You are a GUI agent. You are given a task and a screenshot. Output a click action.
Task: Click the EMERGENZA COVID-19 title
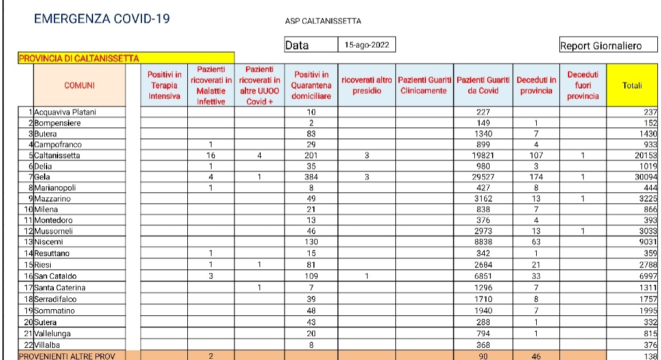[102, 19]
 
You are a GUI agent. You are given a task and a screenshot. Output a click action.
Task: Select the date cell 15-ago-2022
[367, 45]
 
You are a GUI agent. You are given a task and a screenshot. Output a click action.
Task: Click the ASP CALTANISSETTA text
[323, 21]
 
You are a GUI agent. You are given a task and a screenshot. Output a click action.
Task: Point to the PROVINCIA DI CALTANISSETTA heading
[80, 58]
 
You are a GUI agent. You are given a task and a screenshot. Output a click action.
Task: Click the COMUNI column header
[80, 86]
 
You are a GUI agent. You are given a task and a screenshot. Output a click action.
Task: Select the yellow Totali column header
[632, 86]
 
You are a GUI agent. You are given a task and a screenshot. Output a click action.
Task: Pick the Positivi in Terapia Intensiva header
[165, 86]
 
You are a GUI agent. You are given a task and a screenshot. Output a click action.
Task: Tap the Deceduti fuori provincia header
[583, 86]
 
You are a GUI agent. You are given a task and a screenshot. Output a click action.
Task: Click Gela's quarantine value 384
[311, 178]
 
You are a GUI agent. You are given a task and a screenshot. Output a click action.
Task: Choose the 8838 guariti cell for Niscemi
[484, 242]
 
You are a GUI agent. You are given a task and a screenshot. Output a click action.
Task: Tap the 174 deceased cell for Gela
[536, 178]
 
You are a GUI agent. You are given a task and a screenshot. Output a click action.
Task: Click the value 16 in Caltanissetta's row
[211, 156]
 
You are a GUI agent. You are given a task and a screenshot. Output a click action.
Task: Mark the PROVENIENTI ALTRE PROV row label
[58, 356]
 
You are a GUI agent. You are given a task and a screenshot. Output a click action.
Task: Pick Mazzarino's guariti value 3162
[484, 199]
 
